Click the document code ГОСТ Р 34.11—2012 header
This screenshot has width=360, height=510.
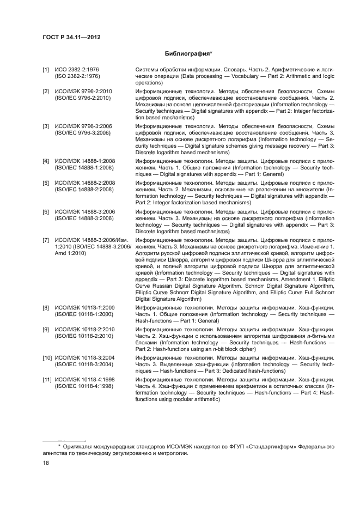click(x=71, y=37)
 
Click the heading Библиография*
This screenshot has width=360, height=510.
click(x=188, y=54)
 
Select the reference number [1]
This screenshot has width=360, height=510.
click(x=46, y=70)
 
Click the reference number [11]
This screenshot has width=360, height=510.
click(x=47, y=379)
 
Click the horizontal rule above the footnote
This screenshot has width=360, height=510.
click(x=64, y=440)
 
